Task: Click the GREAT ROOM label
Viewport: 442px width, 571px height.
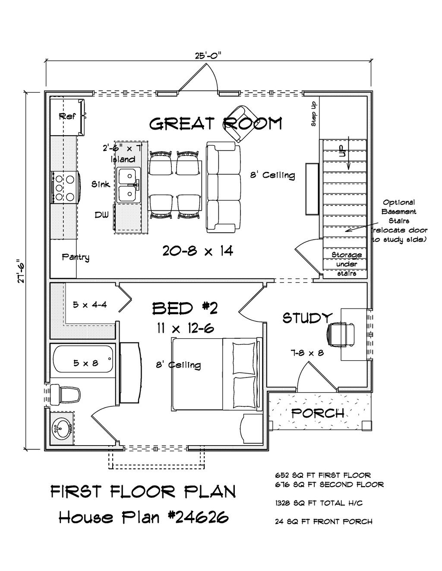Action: tap(216, 124)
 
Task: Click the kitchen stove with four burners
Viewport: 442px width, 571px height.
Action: tap(65, 187)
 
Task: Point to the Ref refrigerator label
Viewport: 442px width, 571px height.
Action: tap(67, 116)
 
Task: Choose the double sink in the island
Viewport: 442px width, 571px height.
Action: tap(128, 185)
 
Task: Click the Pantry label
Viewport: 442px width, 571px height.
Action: tap(76, 257)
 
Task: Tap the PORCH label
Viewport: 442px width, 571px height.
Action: tap(318, 413)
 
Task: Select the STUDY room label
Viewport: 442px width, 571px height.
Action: tap(307, 318)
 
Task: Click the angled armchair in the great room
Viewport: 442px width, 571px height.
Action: tap(240, 123)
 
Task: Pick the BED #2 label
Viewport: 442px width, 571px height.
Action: tap(185, 308)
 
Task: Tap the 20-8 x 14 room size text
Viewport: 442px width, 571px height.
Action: tap(198, 250)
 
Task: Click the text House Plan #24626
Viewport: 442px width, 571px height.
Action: tap(143, 517)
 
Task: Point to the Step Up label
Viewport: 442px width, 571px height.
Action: tap(314, 114)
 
